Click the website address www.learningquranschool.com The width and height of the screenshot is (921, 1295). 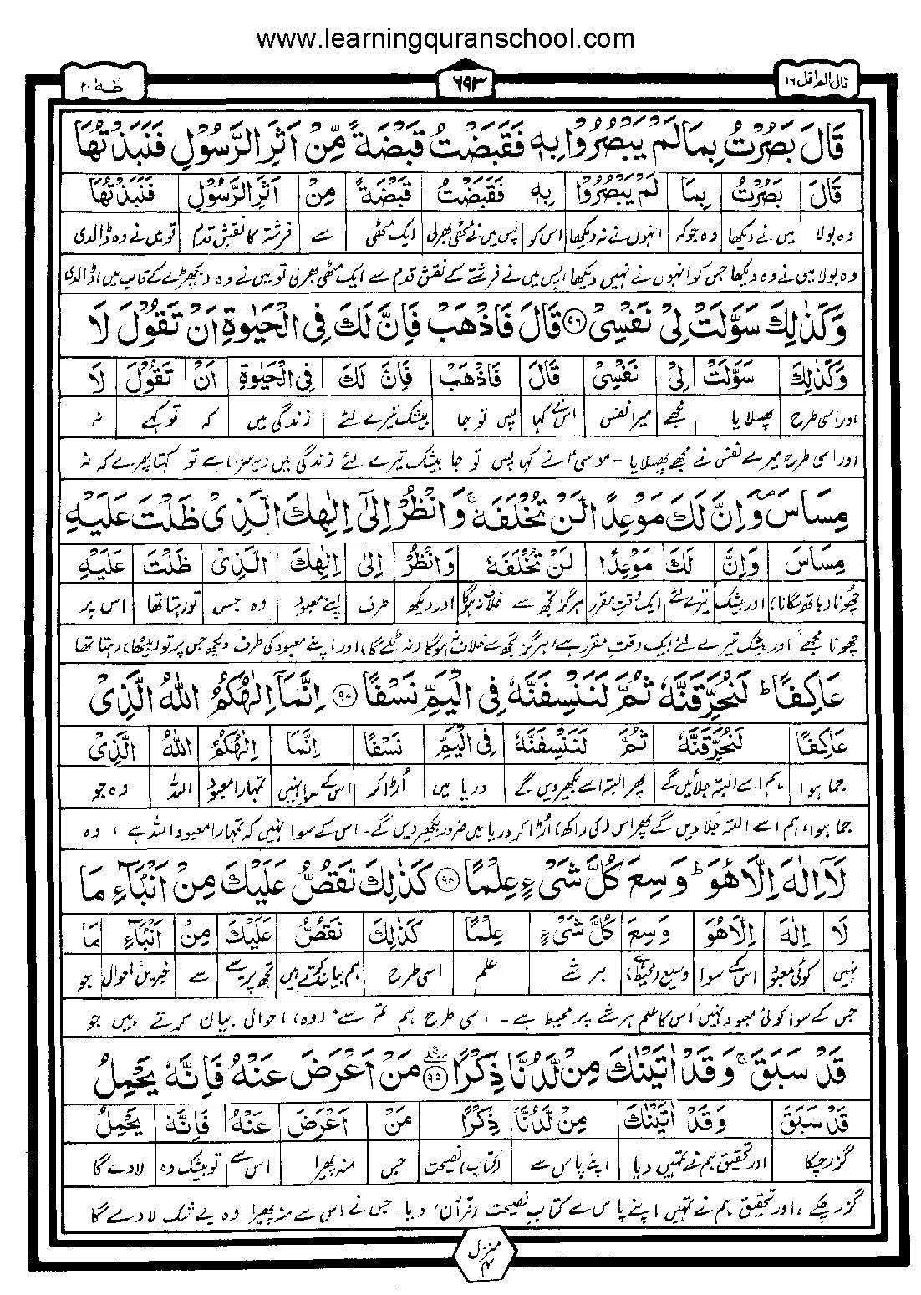[x=445, y=38]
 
